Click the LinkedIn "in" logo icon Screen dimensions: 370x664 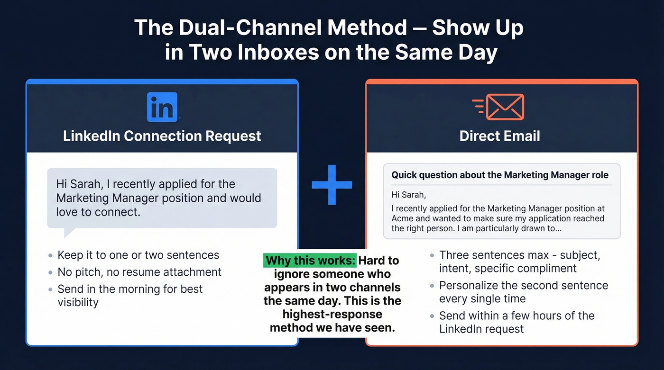(x=162, y=107)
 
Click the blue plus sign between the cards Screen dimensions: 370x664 (x=332, y=185)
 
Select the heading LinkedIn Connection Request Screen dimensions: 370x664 (x=162, y=136)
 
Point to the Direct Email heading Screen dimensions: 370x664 (x=500, y=136)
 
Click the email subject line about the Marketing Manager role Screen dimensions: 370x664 (x=500, y=175)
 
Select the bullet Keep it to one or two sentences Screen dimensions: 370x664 (x=138, y=255)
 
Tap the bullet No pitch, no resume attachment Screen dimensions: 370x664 (x=139, y=272)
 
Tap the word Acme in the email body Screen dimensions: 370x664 (x=403, y=218)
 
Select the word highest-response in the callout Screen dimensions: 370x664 (x=332, y=314)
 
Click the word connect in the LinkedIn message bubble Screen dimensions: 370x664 (x=117, y=211)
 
